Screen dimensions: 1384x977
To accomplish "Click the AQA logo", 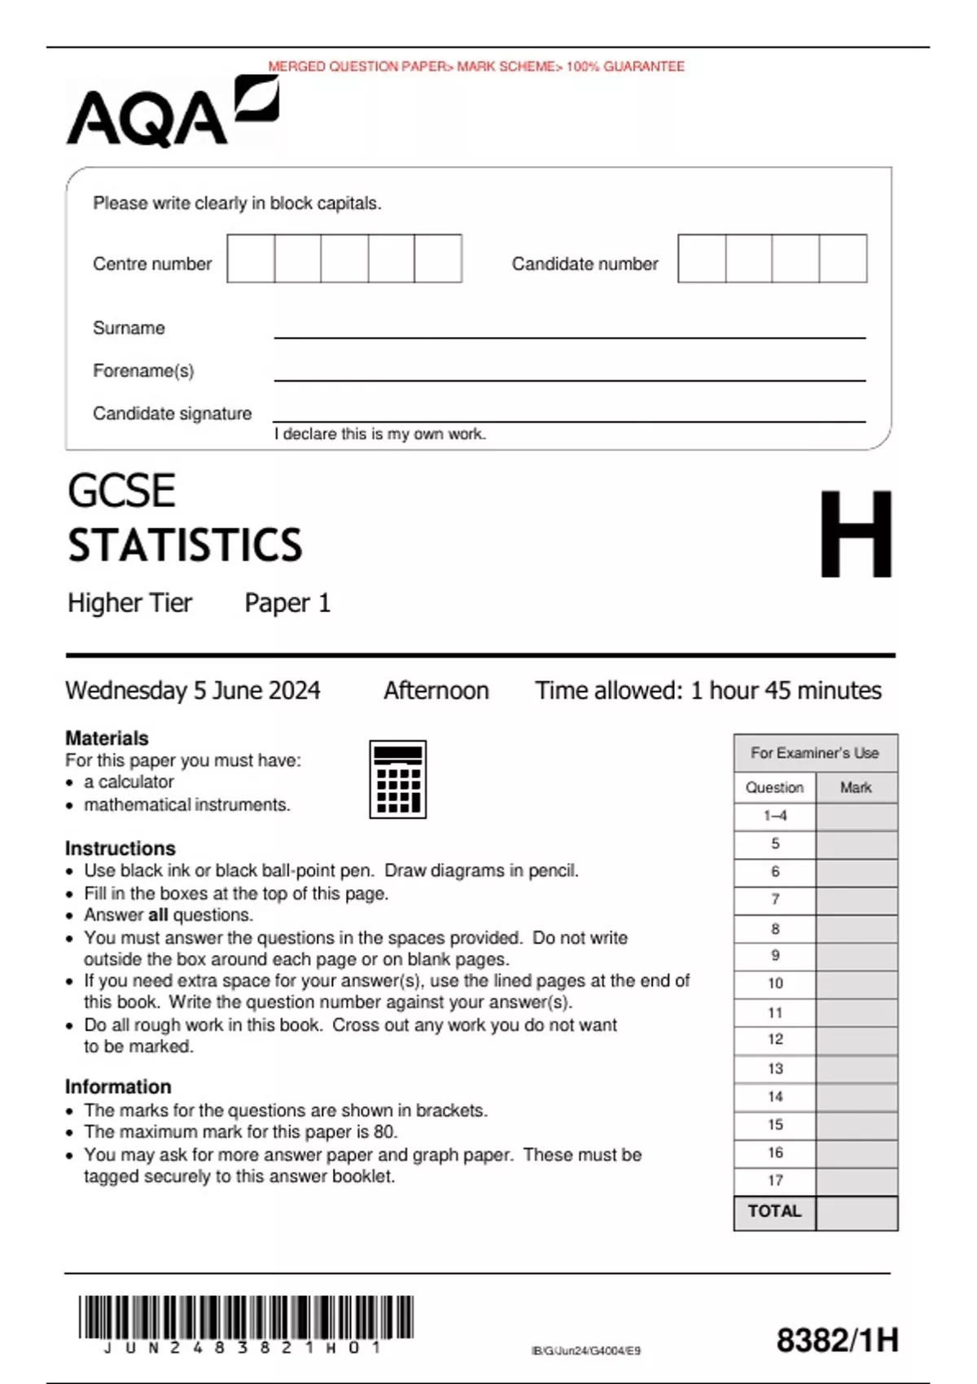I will click(173, 112).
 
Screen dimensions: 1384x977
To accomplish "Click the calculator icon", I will click(397, 779).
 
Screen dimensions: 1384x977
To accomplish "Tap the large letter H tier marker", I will click(855, 534).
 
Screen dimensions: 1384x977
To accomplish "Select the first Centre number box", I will click(251, 259).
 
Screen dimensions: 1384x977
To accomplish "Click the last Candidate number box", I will click(843, 259).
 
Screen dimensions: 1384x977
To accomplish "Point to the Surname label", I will click(129, 328).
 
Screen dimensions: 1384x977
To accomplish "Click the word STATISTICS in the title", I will click(185, 545).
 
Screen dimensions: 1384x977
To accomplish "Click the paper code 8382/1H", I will click(837, 1340).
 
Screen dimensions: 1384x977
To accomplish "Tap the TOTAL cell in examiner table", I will click(774, 1211).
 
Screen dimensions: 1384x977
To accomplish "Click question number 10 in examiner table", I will click(774, 983).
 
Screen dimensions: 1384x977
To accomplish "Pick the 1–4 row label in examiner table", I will click(774, 816).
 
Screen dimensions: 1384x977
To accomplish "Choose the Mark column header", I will click(856, 787).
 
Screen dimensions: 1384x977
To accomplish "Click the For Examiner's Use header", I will click(815, 753).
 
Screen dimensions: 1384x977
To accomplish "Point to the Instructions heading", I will click(120, 848).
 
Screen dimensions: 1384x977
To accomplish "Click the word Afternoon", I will click(436, 690).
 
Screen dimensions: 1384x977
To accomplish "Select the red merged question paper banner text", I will click(476, 67).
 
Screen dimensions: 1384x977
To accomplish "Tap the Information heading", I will click(118, 1087).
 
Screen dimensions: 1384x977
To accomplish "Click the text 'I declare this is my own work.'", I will click(379, 434).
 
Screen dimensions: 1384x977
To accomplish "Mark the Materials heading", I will click(107, 738).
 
